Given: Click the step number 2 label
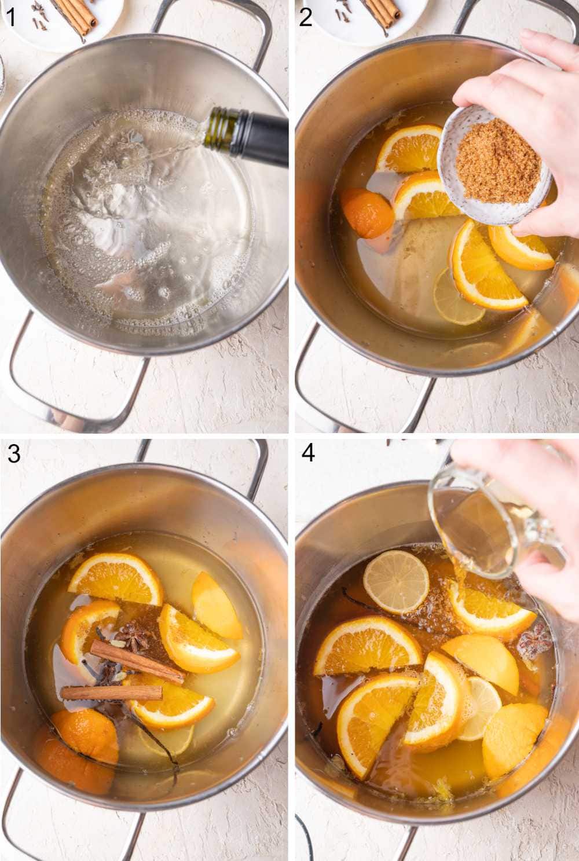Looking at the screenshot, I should click(306, 17).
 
